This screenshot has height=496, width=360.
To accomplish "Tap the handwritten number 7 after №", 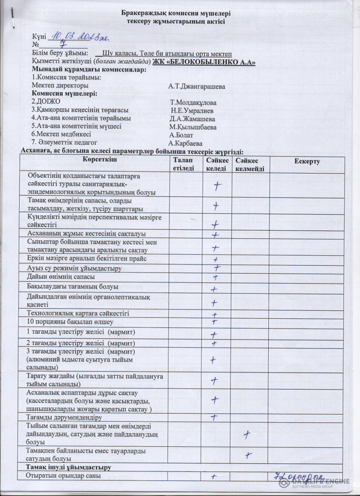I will (x=62, y=44).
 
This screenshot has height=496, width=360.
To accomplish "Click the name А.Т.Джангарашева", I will (x=197, y=86).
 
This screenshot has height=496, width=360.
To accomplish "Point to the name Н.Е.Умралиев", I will (x=192, y=111).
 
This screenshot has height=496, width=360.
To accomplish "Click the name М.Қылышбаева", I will (x=193, y=127).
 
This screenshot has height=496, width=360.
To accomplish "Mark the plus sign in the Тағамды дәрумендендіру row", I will (x=214, y=418).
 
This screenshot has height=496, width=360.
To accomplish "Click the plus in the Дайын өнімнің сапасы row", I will (x=215, y=278).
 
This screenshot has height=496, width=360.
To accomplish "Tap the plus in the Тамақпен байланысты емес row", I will (x=249, y=455).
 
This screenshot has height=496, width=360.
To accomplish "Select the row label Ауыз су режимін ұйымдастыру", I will (x=74, y=268).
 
